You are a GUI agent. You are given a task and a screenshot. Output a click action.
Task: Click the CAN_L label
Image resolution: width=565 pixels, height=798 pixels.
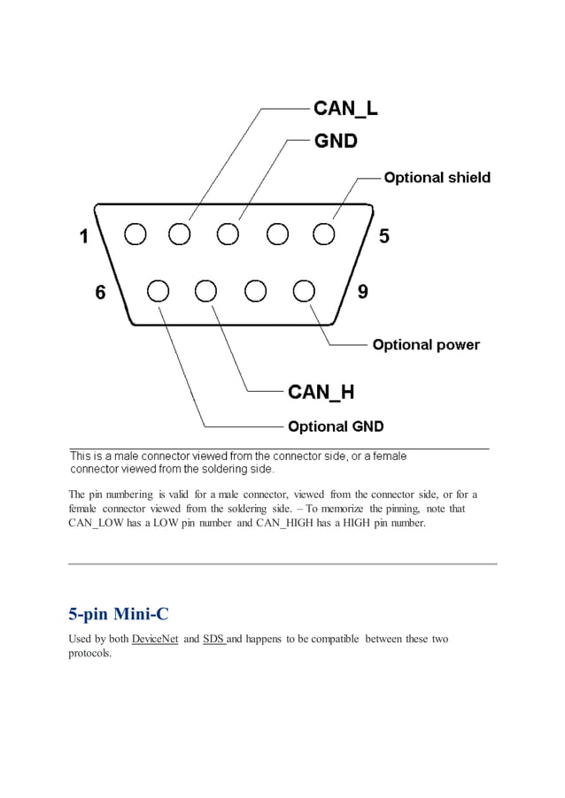pos(345,109)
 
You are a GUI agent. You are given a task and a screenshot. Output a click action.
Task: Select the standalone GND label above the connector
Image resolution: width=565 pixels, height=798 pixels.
pos(336,141)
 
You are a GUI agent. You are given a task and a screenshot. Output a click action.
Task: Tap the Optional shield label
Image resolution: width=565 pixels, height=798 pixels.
pos(437,178)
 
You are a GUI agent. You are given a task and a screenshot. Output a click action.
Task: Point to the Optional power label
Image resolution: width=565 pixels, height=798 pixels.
pos(426,345)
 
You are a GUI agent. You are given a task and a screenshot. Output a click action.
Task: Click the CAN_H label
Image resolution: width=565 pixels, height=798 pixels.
pos(321,391)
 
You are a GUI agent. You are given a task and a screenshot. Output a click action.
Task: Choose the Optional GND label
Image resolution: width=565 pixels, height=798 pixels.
pos(336,426)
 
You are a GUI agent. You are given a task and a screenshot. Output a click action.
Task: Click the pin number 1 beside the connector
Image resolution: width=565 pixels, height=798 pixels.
pos(84,236)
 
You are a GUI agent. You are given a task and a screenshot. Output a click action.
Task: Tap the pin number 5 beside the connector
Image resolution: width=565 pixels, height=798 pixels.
pos(383,236)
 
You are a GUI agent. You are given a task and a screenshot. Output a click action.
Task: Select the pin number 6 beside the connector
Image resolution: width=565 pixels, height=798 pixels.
pos(101,293)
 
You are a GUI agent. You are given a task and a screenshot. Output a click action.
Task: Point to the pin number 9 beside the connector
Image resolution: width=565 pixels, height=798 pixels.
pos(362,292)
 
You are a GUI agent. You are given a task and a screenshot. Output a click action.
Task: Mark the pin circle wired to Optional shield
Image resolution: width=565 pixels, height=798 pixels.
pos(324,234)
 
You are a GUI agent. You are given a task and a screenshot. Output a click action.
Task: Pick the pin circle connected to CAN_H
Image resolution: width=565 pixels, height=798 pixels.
pos(206,291)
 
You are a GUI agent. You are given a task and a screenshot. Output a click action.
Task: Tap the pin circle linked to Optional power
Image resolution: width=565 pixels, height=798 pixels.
pos(304,291)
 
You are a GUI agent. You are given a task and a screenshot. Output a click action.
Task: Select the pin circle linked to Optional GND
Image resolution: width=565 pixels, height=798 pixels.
pos(159,291)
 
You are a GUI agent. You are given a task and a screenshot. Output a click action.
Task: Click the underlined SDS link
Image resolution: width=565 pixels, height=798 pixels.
pos(213,639)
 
